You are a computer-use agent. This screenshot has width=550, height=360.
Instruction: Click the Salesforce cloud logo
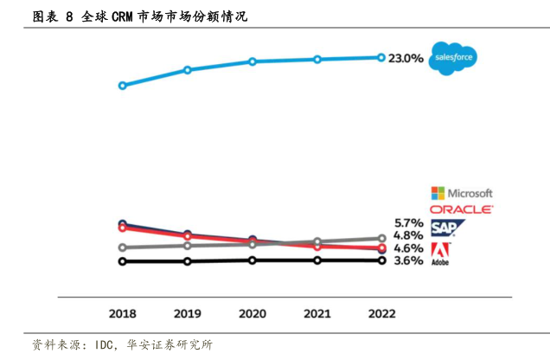point(455,58)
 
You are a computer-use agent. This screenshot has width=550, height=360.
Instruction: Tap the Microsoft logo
point(462,193)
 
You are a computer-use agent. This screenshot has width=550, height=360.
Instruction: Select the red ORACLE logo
point(461,209)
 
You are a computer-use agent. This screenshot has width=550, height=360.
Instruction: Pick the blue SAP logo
point(447,228)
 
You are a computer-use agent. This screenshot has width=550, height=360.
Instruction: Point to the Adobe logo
point(440,253)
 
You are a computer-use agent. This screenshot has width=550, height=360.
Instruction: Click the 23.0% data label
point(406,58)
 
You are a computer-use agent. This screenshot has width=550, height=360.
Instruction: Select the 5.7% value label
point(407,222)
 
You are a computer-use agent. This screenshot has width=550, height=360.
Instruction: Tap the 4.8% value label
point(407,235)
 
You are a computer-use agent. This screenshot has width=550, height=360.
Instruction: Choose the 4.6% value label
point(407,248)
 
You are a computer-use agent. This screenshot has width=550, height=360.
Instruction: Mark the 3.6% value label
point(407,260)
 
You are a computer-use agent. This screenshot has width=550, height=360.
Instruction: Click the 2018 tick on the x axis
point(122,313)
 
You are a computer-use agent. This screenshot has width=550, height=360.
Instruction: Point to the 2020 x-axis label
point(252,313)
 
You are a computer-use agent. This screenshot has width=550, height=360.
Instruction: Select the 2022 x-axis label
point(381,313)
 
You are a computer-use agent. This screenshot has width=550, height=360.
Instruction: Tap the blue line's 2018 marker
point(122,86)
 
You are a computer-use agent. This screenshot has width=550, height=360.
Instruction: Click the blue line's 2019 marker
point(187,69)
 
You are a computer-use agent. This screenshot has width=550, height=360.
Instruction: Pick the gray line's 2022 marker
point(381,238)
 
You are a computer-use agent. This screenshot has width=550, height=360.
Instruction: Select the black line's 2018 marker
point(122,260)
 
